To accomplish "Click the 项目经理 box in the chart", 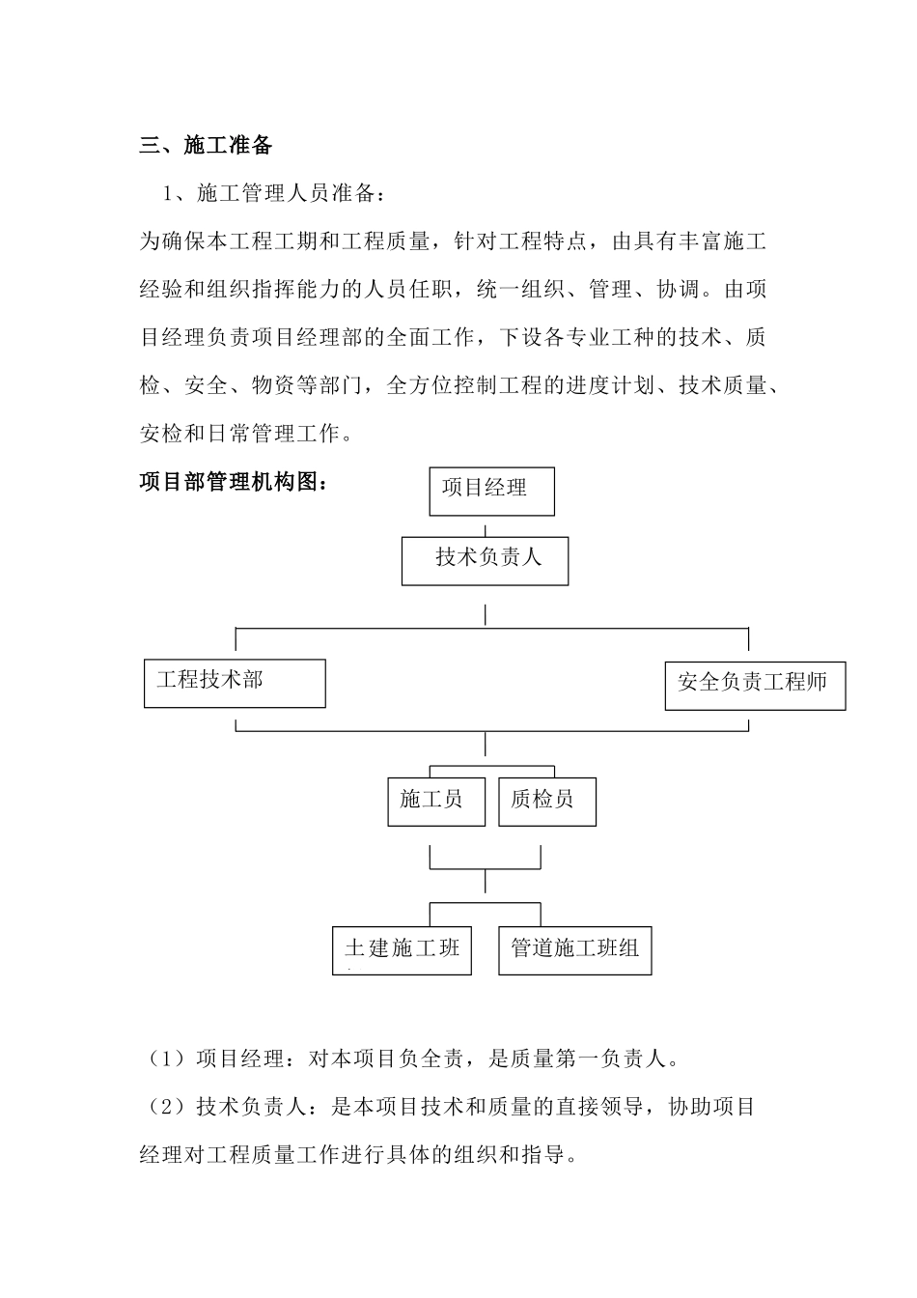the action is [491, 491].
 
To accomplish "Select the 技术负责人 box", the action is [485, 561].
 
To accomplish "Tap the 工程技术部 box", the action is [235, 683].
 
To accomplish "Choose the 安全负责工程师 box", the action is [755, 685].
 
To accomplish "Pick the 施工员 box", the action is [435, 801].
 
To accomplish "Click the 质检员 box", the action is [546, 801].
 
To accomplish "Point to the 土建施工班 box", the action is [402, 949].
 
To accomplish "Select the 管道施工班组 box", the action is [574, 949].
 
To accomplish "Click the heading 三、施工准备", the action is [207, 146].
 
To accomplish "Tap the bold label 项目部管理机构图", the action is [234, 482].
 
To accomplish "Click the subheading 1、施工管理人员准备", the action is [275, 194].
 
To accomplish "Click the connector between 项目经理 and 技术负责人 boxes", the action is [485, 527].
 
